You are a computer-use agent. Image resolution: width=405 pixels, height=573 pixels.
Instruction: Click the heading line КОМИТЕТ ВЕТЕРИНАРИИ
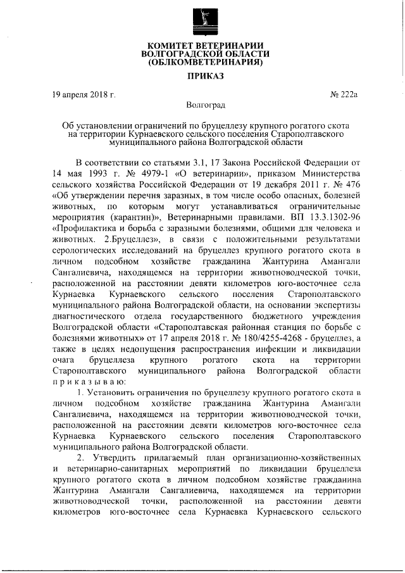click(x=202, y=46)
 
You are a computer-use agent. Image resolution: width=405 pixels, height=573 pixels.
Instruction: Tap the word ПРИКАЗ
click(x=202, y=79)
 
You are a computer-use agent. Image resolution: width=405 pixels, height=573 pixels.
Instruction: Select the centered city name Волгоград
click(x=202, y=104)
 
